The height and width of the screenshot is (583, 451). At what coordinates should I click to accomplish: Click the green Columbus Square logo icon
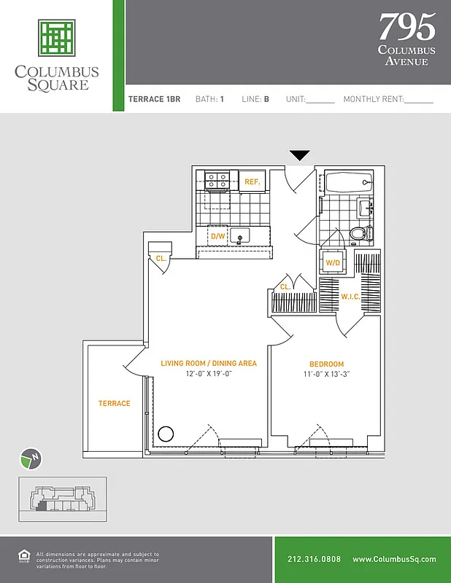pyautogui.click(x=58, y=39)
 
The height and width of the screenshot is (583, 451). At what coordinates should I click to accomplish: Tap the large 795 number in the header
pyautogui.click(x=406, y=27)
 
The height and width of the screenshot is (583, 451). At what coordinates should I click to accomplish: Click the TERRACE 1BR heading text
pyautogui.click(x=154, y=99)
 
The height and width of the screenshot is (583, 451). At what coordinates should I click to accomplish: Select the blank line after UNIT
pyautogui.click(x=320, y=101)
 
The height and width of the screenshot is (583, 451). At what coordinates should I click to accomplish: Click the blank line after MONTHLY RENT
pyautogui.click(x=418, y=101)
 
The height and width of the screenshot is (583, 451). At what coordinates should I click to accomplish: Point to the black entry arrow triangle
pyautogui.click(x=300, y=155)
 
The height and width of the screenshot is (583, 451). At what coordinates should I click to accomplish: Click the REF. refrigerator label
pyautogui.click(x=253, y=181)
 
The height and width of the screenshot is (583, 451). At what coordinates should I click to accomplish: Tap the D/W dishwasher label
pyautogui.click(x=217, y=237)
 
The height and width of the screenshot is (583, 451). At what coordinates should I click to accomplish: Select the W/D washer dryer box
pyautogui.click(x=333, y=262)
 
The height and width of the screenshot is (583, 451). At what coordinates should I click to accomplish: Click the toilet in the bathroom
pyautogui.click(x=358, y=233)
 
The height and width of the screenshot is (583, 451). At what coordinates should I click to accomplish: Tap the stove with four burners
pyautogui.click(x=217, y=180)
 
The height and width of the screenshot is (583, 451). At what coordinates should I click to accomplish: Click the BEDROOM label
pyautogui.click(x=326, y=364)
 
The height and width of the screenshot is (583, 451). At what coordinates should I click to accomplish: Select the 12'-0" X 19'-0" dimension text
pyautogui.click(x=208, y=375)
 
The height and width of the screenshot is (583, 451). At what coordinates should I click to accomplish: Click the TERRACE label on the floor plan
pyautogui.click(x=115, y=403)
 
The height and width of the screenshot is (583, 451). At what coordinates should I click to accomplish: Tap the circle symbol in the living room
pyautogui.click(x=166, y=434)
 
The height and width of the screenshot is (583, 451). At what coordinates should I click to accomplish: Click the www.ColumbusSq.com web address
pyautogui.click(x=394, y=559)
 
